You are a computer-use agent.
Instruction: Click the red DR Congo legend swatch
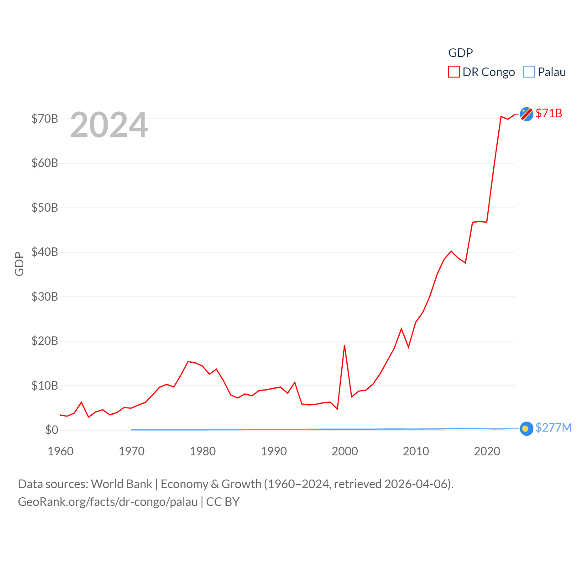point(454,72)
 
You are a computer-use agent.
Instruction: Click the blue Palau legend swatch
point(529,72)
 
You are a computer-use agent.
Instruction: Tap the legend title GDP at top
point(460,53)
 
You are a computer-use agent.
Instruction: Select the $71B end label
point(549,113)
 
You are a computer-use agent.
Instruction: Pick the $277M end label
point(553,428)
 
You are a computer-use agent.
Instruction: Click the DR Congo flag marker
point(527,114)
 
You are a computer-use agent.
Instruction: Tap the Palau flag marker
point(527,428)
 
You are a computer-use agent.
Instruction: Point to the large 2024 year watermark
point(109,125)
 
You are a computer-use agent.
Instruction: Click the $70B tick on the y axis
point(45,119)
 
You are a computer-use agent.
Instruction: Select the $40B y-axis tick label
point(45,252)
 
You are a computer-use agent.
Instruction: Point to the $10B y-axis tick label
point(45,386)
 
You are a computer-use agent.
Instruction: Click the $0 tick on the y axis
point(52,430)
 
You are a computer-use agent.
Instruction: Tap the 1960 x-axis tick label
point(61,451)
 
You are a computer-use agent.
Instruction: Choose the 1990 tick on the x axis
point(274,451)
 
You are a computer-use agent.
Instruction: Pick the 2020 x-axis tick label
point(487,451)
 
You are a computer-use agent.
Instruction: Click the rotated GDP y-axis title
point(19,264)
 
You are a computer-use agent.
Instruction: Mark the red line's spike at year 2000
point(344,345)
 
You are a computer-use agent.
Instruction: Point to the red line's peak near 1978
point(188,361)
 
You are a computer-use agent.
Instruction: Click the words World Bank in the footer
point(121,484)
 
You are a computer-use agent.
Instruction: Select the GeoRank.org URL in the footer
point(108,502)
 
